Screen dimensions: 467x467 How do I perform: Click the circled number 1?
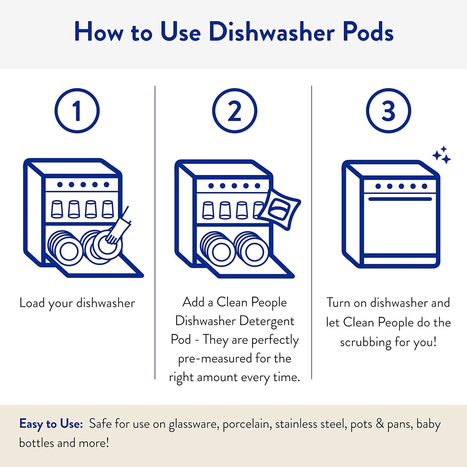77,111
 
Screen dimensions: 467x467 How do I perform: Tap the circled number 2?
234,111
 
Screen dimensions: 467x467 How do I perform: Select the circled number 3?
388,111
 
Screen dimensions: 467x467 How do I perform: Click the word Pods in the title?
368,32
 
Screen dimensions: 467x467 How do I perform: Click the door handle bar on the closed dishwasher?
400,199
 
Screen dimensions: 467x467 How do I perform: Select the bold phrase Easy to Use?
51,424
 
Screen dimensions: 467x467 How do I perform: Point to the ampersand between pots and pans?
380,424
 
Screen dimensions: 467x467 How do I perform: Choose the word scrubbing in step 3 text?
365,342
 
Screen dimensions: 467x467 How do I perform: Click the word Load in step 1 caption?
32,303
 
